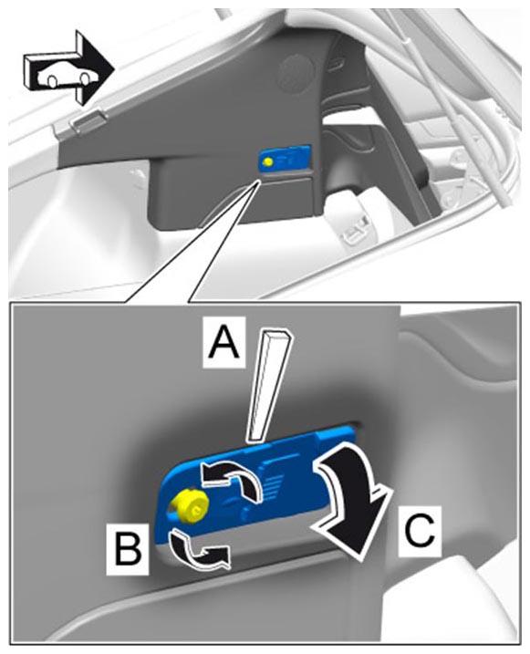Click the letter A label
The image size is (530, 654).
pos(224,342)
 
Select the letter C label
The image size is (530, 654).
pos(420,531)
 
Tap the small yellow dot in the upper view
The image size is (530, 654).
pos(268,161)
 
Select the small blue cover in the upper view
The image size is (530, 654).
pos(286,159)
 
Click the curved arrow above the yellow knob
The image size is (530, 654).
pos(234,478)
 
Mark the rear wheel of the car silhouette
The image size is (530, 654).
pos(52,81)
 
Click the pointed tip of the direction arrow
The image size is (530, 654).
pos(115,67)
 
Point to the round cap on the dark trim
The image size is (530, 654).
pos(296,72)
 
